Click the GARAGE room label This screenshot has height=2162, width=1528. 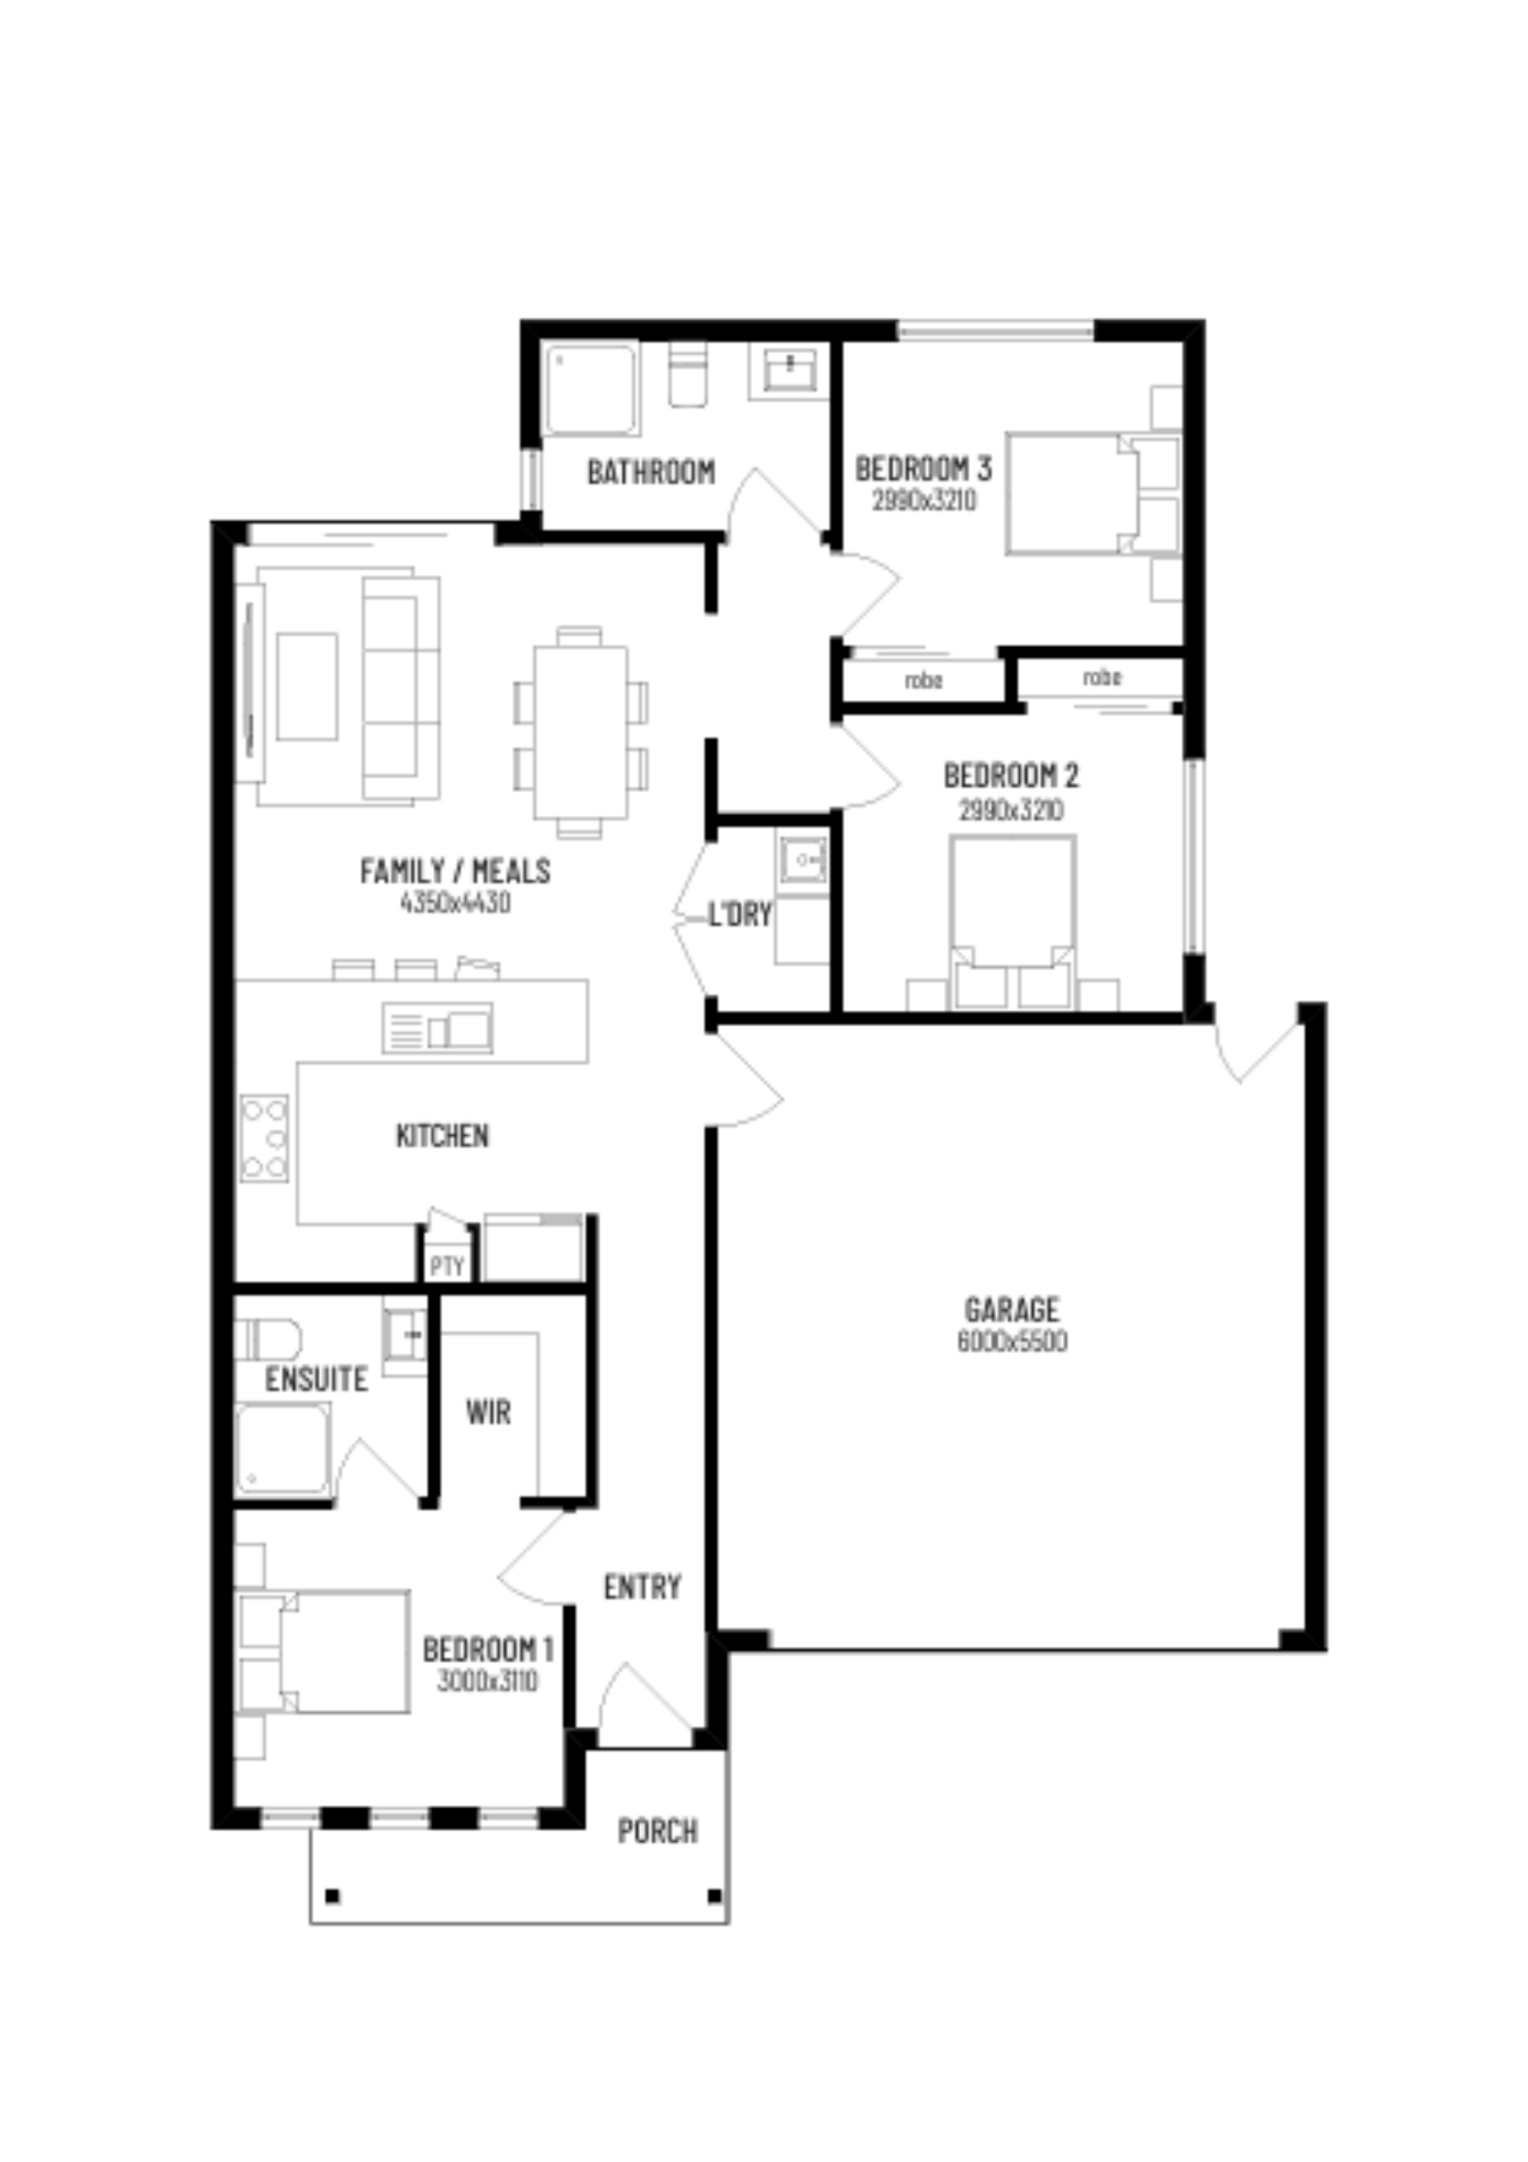click(1011, 1310)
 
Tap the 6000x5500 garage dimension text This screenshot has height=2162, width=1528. click(1012, 1341)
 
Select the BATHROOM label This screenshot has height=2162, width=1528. click(651, 472)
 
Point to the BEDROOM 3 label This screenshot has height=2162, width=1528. click(923, 468)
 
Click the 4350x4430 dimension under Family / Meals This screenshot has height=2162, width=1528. click(456, 902)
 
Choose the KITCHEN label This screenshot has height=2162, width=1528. click(442, 1136)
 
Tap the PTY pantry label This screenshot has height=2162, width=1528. click(447, 1267)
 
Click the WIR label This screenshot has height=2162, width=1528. click(488, 1411)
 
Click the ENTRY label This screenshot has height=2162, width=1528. click(642, 1587)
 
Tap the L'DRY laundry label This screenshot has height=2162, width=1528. click(740, 914)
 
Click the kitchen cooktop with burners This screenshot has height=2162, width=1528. click(263, 1138)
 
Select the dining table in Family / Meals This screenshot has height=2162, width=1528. click(580, 731)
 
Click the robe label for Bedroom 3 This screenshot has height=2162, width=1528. click(923, 680)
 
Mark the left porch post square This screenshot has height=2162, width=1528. click(332, 1895)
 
